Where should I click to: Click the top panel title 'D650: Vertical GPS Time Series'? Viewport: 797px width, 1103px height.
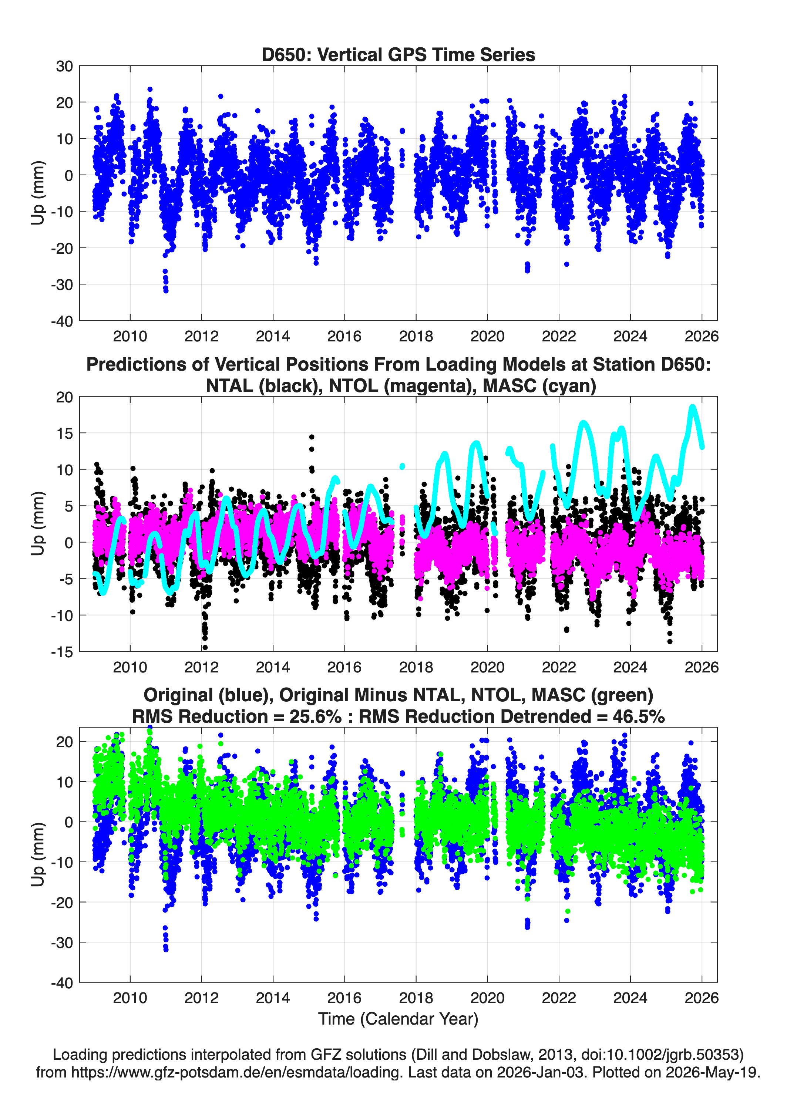398,54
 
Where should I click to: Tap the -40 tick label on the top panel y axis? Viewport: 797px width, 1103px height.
62,321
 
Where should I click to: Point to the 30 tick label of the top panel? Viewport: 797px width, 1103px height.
65,66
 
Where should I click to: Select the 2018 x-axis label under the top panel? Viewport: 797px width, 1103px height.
416,336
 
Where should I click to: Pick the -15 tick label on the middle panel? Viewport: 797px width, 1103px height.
62,652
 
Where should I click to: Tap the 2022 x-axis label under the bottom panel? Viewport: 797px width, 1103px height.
559,998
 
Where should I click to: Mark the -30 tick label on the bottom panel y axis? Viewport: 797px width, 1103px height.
62,942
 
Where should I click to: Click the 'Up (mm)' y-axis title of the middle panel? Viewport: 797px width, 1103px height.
38,523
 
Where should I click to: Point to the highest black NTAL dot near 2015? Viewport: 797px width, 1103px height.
312,437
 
